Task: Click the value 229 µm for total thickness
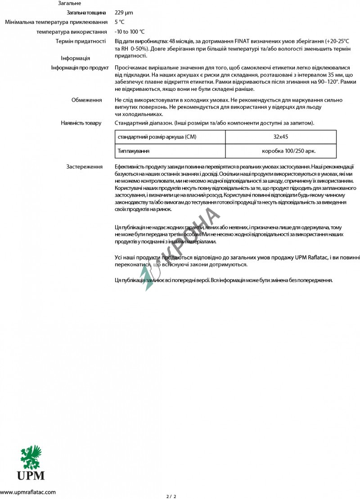click(x=124, y=13)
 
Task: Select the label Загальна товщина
click(x=86, y=13)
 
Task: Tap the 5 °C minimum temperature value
click(x=119, y=22)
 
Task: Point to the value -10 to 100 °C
click(x=130, y=31)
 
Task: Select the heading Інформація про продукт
click(x=80, y=68)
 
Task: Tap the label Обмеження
click(x=86, y=100)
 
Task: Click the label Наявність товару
click(x=81, y=123)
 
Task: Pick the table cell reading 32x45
click(x=280, y=137)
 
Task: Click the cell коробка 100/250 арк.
click(x=292, y=151)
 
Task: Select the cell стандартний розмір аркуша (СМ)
click(x=157, y=137)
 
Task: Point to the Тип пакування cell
click(x=134, y=151)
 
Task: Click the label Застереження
click(x=84, y=167)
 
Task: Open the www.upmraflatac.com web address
click(x=28, y=492)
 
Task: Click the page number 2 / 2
click(x=171, y=496)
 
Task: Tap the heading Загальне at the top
click(x=70, y=3)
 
